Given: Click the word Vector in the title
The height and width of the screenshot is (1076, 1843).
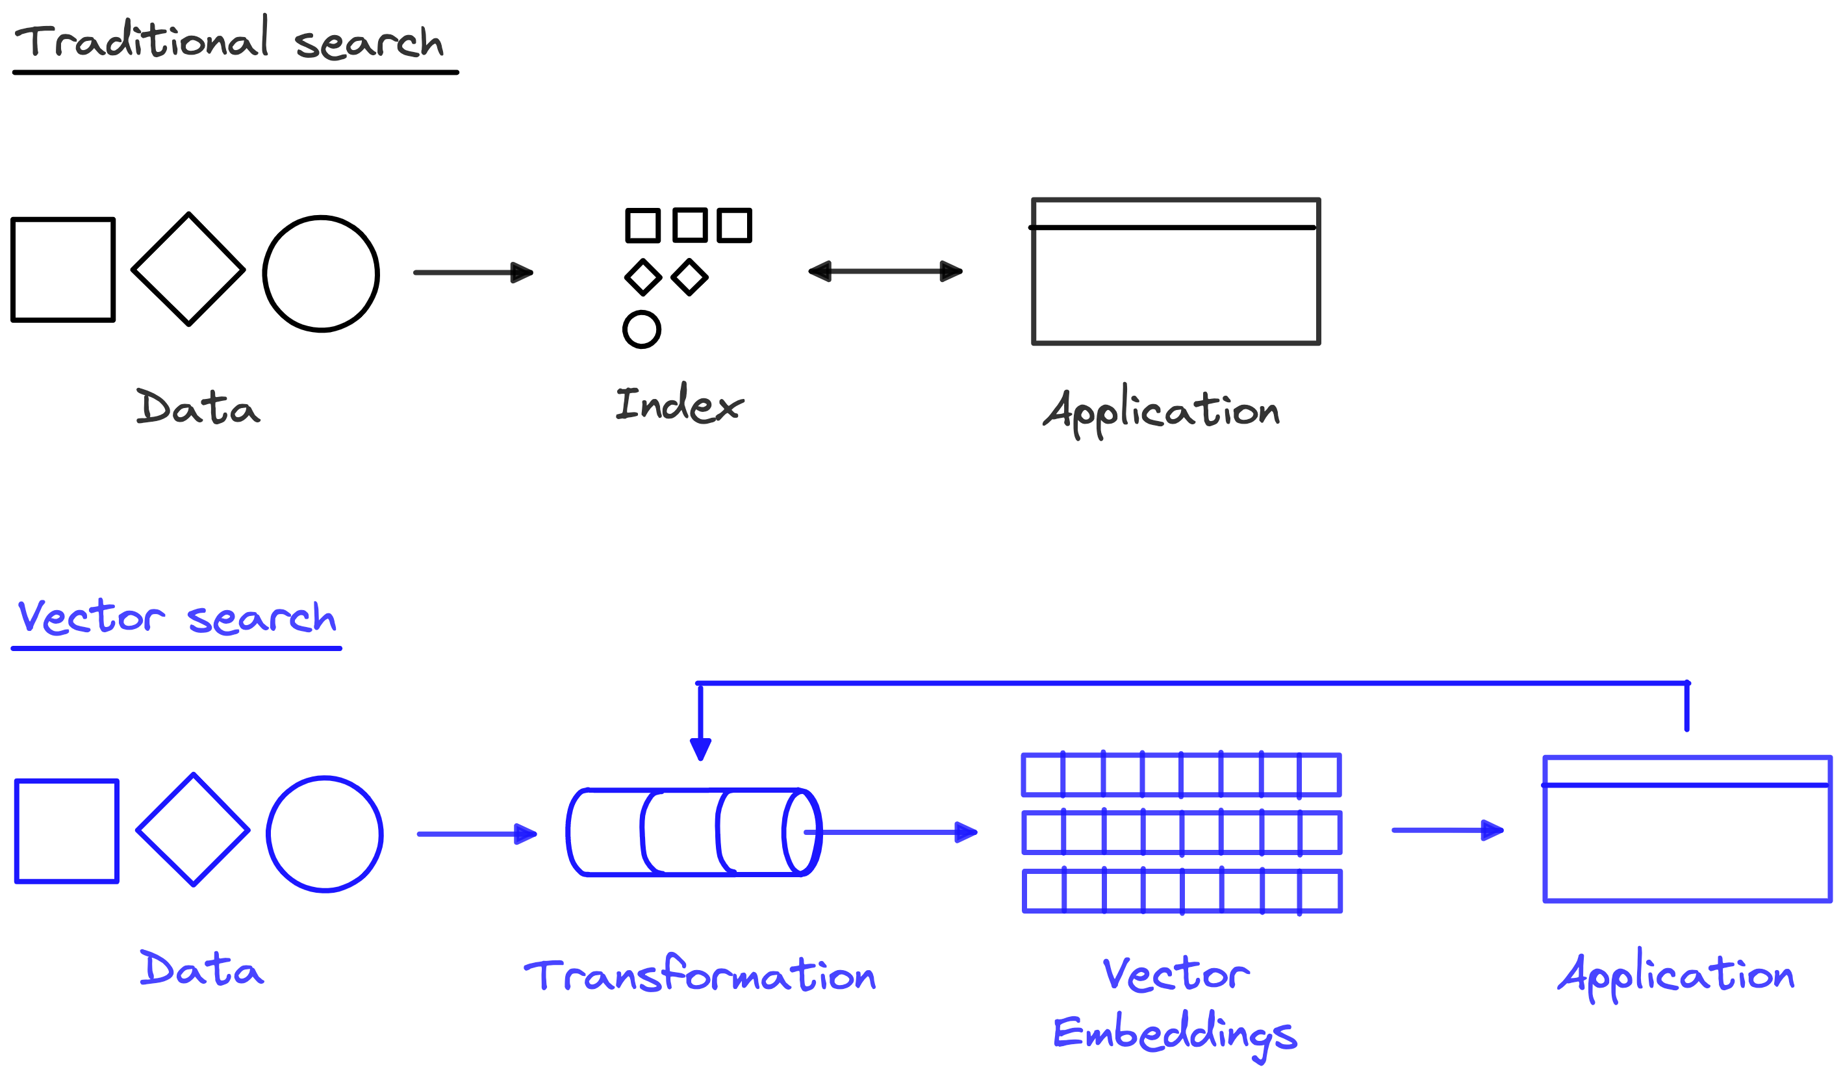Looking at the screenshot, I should pos(91,617).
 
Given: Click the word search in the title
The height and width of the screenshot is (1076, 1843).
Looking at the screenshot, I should pos(262,618).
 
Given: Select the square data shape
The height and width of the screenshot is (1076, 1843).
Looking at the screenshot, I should pos(66,831).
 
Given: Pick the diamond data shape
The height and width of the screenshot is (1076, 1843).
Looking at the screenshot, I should pos(193,830).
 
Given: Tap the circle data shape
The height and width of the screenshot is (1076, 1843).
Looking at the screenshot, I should pos(325,834).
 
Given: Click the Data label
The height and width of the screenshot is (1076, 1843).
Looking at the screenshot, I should pos(201,969).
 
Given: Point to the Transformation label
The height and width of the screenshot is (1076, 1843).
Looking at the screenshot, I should pos(700,975).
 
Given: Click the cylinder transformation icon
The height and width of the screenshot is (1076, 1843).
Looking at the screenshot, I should pos(693,832).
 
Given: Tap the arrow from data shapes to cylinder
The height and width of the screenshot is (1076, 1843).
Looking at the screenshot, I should pos(477,834).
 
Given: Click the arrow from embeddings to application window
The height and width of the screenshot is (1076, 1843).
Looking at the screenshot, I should pos(1447,830).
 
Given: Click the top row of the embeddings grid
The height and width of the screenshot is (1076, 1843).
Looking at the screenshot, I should pos(1181,775).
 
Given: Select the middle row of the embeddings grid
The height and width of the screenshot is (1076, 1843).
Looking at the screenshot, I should pos(1181,832).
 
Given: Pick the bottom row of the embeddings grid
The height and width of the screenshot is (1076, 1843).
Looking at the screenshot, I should pos(1182,891).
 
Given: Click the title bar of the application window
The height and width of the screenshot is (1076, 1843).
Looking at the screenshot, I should pos(1687,771).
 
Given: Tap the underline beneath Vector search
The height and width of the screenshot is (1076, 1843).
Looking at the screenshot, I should pos(176,648).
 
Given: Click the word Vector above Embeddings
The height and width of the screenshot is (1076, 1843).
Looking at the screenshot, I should pos(1176,975).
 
